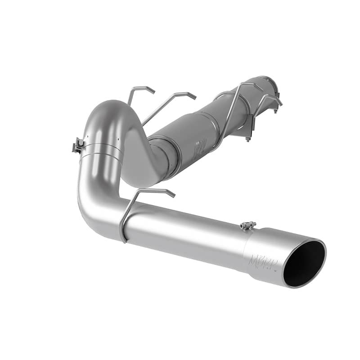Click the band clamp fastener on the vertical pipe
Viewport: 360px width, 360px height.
(x=78, y=145)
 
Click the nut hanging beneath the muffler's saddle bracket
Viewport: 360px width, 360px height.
(x=247, y=139)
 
